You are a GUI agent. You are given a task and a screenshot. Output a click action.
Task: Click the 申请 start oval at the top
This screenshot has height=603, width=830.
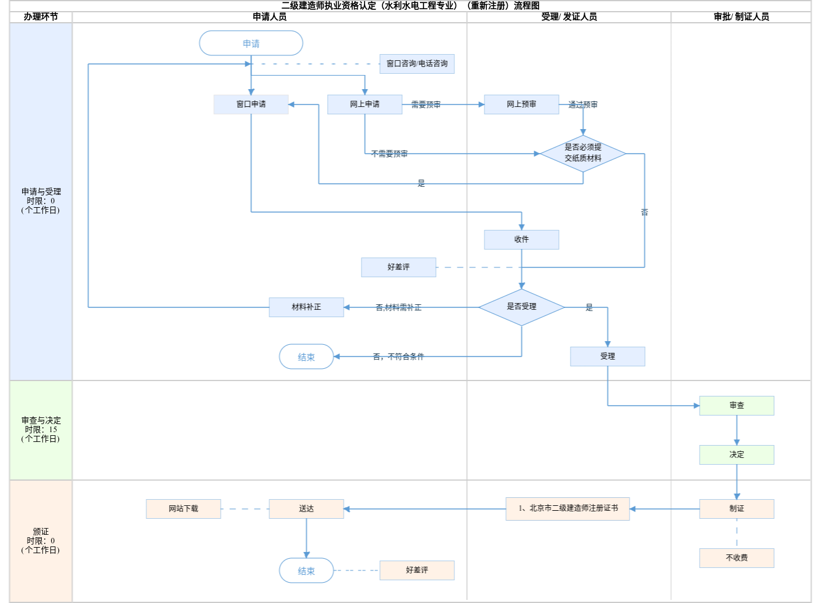coord(251,44)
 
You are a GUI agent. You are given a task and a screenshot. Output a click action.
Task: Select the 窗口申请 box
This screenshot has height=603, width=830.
coord(251,104)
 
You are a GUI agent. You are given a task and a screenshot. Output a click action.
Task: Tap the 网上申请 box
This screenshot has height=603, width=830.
coord(365,104)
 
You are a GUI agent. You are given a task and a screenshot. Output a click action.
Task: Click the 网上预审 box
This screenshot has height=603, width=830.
coord(521,104)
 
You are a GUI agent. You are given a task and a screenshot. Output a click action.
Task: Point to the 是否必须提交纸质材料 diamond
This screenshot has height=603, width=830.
coord(583,153)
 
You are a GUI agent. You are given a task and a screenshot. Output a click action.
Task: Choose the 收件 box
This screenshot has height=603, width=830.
coord(521,240)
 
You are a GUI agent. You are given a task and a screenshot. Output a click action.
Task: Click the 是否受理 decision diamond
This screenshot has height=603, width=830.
coord(521,307)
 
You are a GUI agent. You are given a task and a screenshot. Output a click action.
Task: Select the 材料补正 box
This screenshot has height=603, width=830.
coord(306,307)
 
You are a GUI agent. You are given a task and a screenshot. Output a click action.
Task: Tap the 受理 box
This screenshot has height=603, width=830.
coord(607,357)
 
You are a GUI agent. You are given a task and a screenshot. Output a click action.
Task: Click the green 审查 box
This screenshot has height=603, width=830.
coord(737,406)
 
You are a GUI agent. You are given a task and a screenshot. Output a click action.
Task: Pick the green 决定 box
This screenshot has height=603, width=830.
coord(737,455)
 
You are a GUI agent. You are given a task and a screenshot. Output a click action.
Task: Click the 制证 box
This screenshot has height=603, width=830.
coord(737,509)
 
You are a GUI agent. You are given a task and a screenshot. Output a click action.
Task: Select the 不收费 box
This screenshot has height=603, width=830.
coord(737,558)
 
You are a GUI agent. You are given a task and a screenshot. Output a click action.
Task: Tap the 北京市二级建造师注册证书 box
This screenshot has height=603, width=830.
coord(567,509)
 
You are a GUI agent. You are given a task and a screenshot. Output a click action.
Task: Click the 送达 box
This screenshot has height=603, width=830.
coord(306,509)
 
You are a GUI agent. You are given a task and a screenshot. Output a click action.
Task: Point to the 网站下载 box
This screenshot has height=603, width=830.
coord(183,509)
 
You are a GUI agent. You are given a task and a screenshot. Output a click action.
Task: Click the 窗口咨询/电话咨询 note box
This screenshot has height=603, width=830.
coord(417,64)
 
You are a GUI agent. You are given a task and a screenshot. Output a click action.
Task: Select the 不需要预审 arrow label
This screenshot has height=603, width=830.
coord(389,154)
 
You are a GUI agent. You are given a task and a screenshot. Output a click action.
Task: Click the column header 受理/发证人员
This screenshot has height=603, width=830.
coord(569,17)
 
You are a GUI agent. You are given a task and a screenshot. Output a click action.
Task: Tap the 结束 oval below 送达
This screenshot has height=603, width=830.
coord(306,571)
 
